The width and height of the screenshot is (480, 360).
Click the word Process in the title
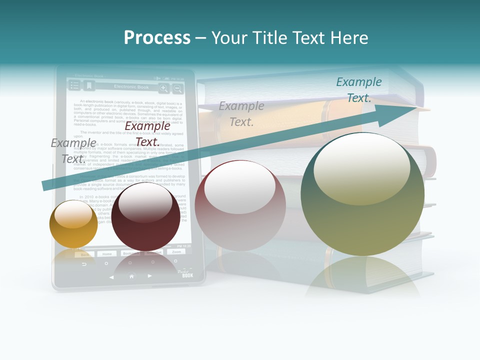[x=157, y=37]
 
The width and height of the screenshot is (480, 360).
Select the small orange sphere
[x=73, y=224]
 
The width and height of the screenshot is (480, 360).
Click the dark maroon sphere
[x=145, y=216]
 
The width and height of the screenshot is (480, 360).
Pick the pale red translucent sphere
[x=240, y=205]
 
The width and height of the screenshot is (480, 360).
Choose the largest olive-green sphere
[x=362, y=194]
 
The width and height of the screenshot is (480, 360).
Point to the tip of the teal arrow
[x=415, y=107]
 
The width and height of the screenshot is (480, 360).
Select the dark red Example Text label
[x=147, y=133]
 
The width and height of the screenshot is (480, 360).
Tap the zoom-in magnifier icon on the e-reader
[x=163, y=88]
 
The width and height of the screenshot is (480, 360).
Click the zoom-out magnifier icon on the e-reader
[x=177, y=88]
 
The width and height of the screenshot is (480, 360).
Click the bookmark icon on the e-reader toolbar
[x=88, y=86]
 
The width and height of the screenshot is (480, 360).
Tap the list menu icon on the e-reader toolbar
[x=74, y=86]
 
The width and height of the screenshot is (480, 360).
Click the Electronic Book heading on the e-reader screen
[x=131, y=87]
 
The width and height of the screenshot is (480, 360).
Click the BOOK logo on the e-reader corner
[x=187, y=274]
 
